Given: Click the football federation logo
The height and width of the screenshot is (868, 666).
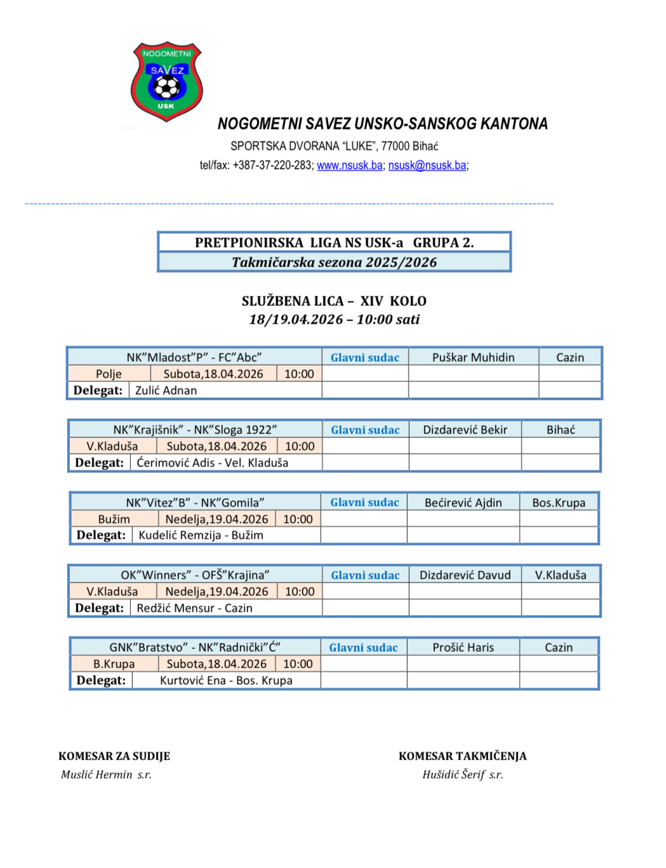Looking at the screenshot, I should coord(166,81).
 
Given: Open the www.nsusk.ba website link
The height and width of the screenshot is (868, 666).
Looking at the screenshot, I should coord(349,166).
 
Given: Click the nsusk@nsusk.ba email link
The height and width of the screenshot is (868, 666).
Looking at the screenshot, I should coord(427,166).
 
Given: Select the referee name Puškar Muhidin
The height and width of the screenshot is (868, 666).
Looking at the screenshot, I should coord(473,357).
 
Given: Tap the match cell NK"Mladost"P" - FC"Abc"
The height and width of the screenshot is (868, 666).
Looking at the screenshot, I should coord(194,357).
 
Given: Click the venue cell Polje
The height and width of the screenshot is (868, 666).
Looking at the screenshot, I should coord(109,374).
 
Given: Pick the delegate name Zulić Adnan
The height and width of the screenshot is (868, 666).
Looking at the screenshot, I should coord(166,390).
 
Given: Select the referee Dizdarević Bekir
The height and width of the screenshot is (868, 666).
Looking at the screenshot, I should coord(465,430).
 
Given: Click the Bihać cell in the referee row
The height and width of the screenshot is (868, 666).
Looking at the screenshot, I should coord(561,430).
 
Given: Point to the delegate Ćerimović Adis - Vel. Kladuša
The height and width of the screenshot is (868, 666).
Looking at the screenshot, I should coord(212,463).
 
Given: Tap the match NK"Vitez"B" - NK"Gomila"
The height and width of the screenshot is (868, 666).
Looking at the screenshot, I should coord(195,503).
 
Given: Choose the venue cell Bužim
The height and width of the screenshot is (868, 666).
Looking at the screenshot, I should coord(114,519).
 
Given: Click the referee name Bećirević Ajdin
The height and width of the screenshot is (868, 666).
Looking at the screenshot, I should coord(463,503).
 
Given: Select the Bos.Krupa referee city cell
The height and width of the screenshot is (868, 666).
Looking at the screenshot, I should coord(559,503).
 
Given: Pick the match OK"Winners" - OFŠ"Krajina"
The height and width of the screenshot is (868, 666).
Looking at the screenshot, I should coord(195,575).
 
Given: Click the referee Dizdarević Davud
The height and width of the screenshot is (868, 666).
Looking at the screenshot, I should coord(465,575).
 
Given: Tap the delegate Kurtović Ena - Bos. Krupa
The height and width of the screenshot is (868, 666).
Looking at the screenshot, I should coord(226,680).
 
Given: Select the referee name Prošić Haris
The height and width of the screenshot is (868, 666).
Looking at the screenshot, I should coord(463,647).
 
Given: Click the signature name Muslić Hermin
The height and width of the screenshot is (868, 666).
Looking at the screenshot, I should coord(97,775).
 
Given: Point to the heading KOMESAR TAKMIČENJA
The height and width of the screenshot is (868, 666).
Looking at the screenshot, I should coord(462,756).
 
